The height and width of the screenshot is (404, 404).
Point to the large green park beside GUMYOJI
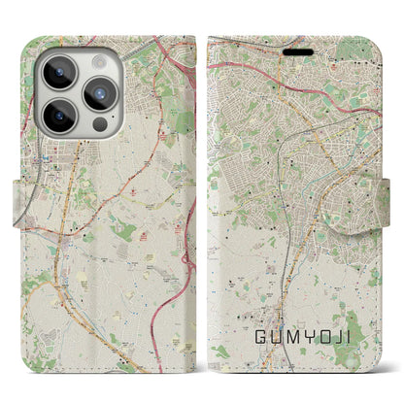coord(359,364)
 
